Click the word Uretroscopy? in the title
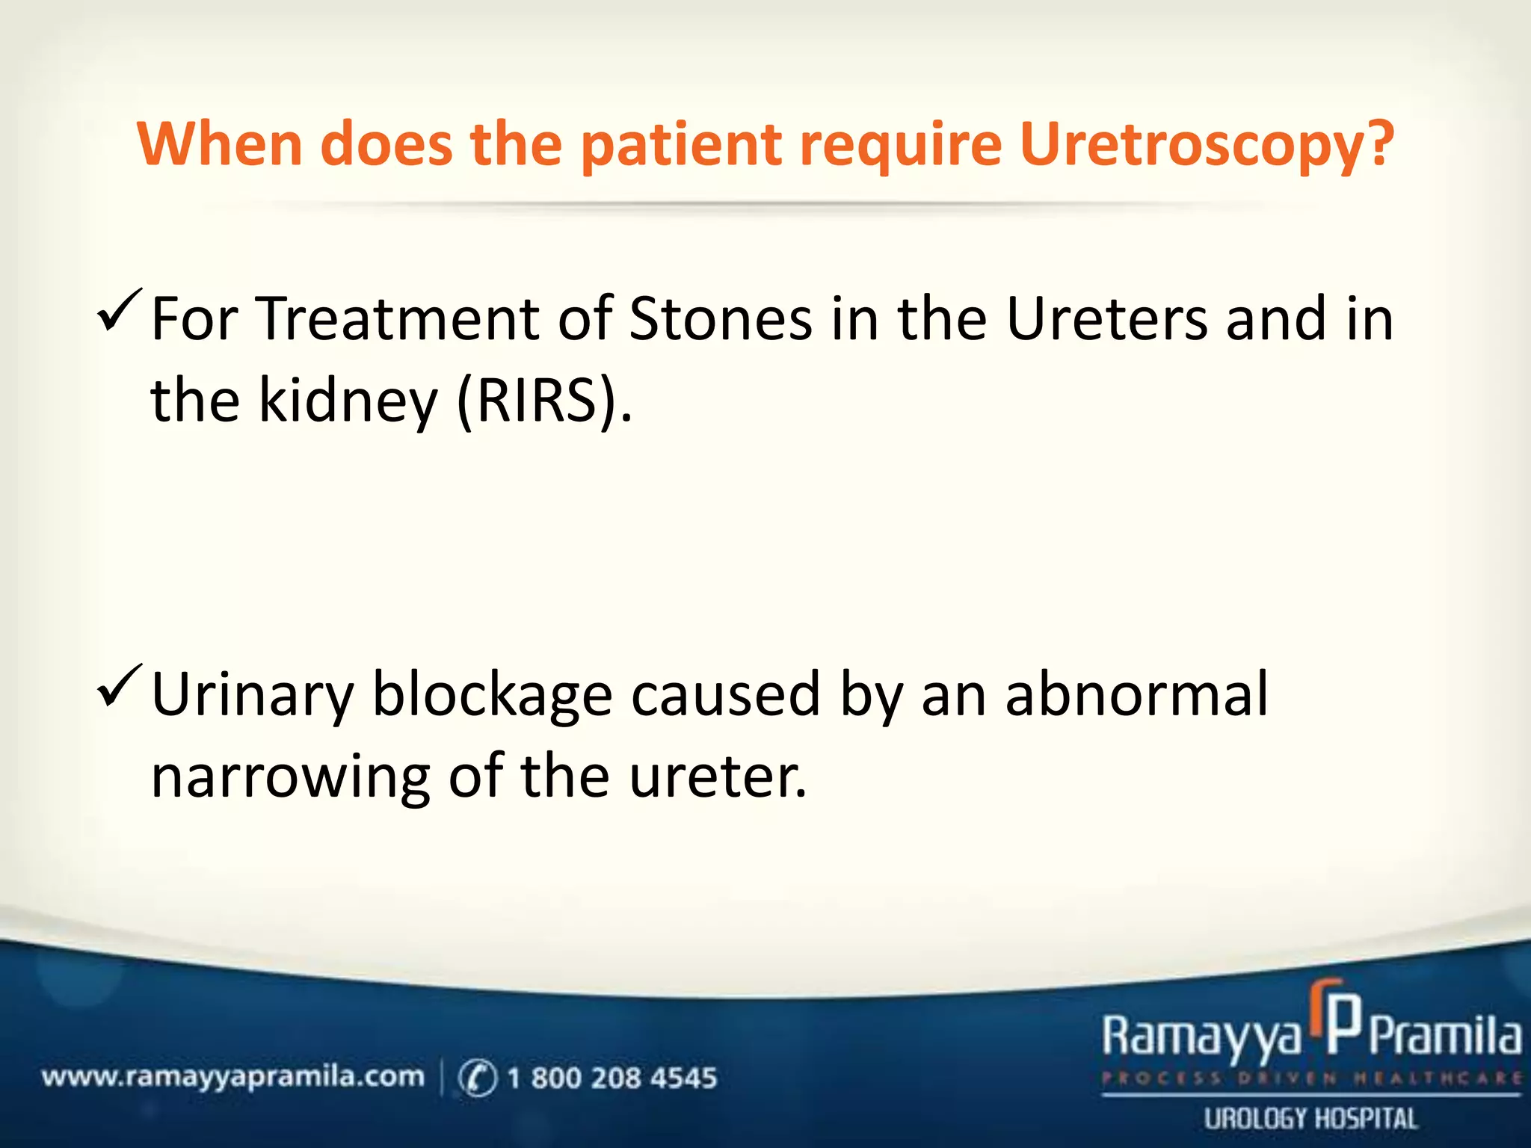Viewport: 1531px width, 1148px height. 1206,145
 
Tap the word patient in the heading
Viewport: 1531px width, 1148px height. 680,145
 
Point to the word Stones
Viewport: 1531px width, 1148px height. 720,320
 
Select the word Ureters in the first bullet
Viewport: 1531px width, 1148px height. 1107,320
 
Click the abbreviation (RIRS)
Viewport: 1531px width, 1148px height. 543,401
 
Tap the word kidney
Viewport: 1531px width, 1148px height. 348,401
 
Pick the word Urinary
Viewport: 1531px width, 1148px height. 252,695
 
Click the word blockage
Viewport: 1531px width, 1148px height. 492,695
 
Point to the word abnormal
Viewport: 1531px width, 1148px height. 1136,695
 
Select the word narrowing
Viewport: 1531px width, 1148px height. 290,777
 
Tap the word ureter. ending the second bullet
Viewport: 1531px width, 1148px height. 718,777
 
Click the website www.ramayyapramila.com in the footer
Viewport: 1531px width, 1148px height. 232,1077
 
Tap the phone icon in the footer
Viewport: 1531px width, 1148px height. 477,1078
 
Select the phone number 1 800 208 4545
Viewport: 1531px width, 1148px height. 612,1078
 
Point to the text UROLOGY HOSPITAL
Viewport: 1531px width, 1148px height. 1310,1119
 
